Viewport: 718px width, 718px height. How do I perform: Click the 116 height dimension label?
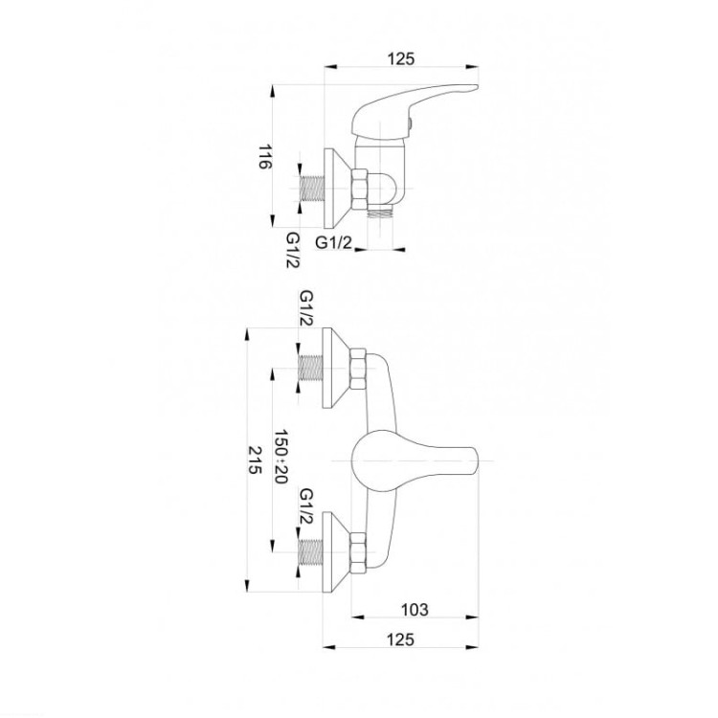[265, 157]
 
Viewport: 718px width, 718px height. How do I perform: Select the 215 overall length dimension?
[254, 460]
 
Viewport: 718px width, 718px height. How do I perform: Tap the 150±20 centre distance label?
[280, 457]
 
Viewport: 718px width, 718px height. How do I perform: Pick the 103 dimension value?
[415, 610]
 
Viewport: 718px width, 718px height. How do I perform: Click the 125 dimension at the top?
[401, 58]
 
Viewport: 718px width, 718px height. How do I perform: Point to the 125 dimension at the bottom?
[400, 639]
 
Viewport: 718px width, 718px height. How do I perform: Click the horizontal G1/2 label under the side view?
[334, 242]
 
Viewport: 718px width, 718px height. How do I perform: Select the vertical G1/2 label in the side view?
[293, 250]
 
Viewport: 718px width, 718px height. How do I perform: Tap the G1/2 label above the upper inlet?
[306, 308]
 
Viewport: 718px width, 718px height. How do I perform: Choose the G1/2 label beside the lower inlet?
[306, 506]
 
